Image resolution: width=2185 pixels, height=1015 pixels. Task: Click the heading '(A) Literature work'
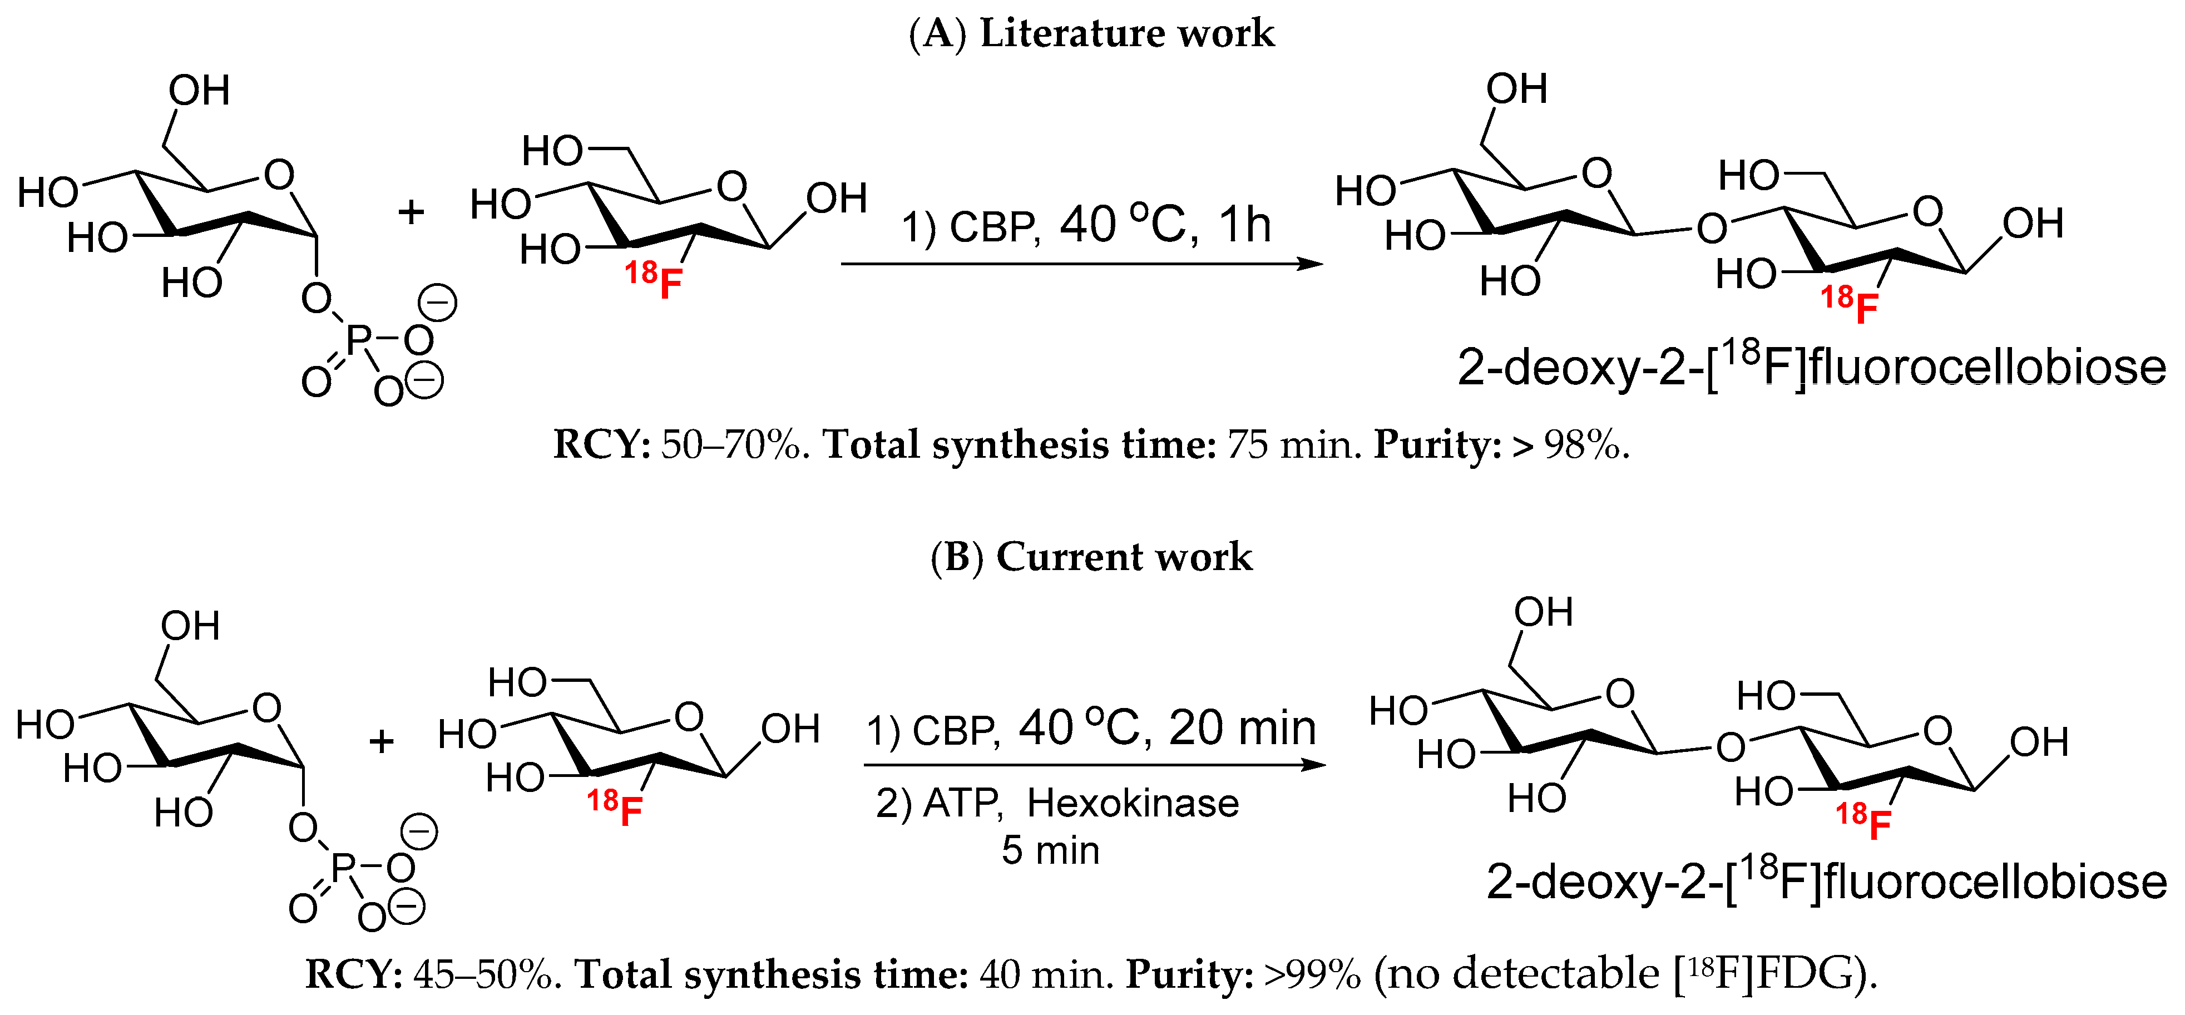[1091, 34]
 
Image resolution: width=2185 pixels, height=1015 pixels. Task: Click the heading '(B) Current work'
[1091, 557]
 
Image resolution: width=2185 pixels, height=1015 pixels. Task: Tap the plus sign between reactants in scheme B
[382, 742]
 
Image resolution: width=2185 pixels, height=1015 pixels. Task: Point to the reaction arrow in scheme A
[1081, 264]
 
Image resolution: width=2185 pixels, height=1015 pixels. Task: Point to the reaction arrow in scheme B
[1094, 765]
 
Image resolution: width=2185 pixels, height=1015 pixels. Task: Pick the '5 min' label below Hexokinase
[1050, 850]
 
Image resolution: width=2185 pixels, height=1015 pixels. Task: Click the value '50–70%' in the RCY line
[730, 445]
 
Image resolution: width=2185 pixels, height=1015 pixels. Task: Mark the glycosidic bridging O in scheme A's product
[1712, 227]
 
